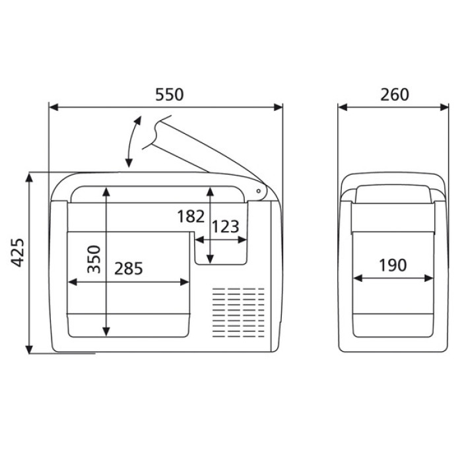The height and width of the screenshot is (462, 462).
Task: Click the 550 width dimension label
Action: tap(169, 94)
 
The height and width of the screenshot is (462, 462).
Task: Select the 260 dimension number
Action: tap(395, 94)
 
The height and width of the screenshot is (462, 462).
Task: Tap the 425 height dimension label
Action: tap(17, 253)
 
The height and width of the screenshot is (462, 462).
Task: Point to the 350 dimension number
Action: tap(94, 259)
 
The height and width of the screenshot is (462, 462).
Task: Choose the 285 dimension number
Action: tap(129, 269)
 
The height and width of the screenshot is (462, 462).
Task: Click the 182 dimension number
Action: tap(191, 216)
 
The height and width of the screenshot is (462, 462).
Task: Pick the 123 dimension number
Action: tap(226, 227)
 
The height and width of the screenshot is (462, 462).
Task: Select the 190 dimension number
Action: tap(393, 265)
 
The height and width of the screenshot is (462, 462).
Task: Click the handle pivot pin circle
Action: tap(259, 191)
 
